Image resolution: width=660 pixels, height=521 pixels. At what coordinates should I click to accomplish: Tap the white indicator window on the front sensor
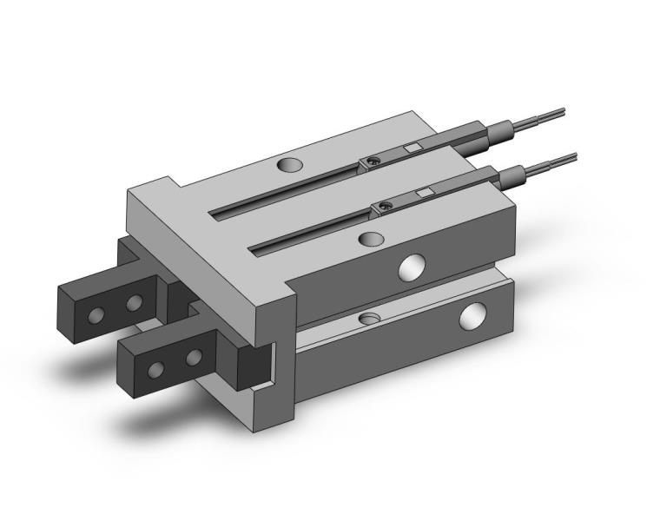425,192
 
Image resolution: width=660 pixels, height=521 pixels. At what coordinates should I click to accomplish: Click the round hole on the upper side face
411,267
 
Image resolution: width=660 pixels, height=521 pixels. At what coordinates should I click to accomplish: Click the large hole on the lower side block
472,316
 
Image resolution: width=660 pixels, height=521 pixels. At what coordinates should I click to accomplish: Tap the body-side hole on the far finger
134,303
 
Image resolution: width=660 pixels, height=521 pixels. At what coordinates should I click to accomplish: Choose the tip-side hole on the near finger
157,370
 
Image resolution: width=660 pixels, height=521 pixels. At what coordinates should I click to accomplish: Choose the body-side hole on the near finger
193,356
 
